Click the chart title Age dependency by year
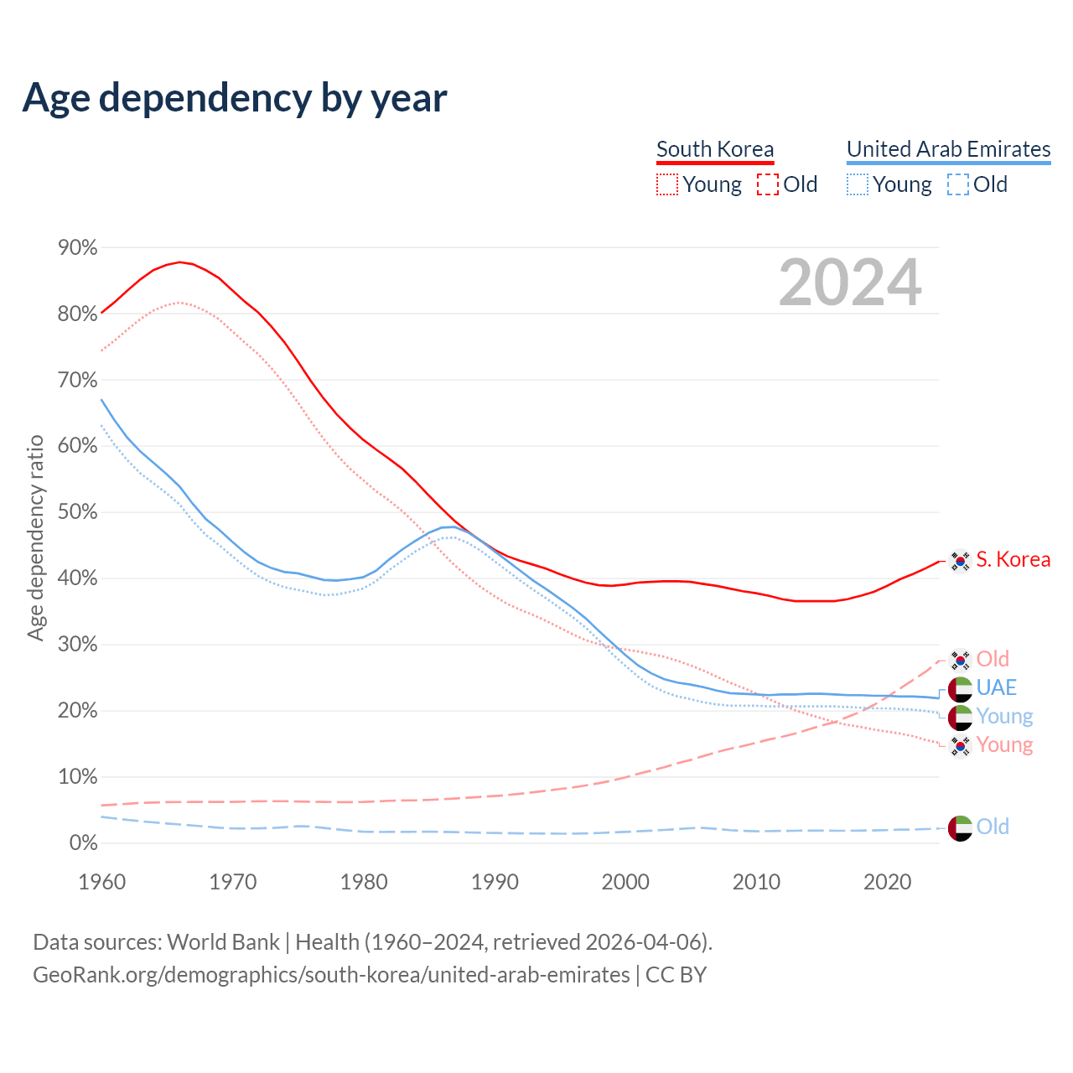click(x=235, y=98)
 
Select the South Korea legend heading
click(x=715, y=149)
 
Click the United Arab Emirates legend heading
click(x=948, y=149)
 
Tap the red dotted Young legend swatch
click(x=667, y=184)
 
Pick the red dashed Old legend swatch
click(x=768, y=184)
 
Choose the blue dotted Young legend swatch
click(x=858, y=184)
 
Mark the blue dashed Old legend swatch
click(x=958, y=184)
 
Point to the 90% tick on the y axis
click(x=77, y=248)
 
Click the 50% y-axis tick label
click(x=77, y=512)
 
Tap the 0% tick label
click(x=82, y=843)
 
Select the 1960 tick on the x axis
click(x=101, y=882)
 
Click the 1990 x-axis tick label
click(x=495, y=882)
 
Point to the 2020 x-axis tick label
click(x=887, y=882)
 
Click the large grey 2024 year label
click(x=850, y=283)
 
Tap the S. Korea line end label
click(x=1013, y=560)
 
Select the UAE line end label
click(x=996, y=688)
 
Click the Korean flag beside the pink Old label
click(x=960, y=660)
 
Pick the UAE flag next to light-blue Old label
click(x=960, y=828)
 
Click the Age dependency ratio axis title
click(x=35, y=537)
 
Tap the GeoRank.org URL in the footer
click(x=331, y=975)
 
